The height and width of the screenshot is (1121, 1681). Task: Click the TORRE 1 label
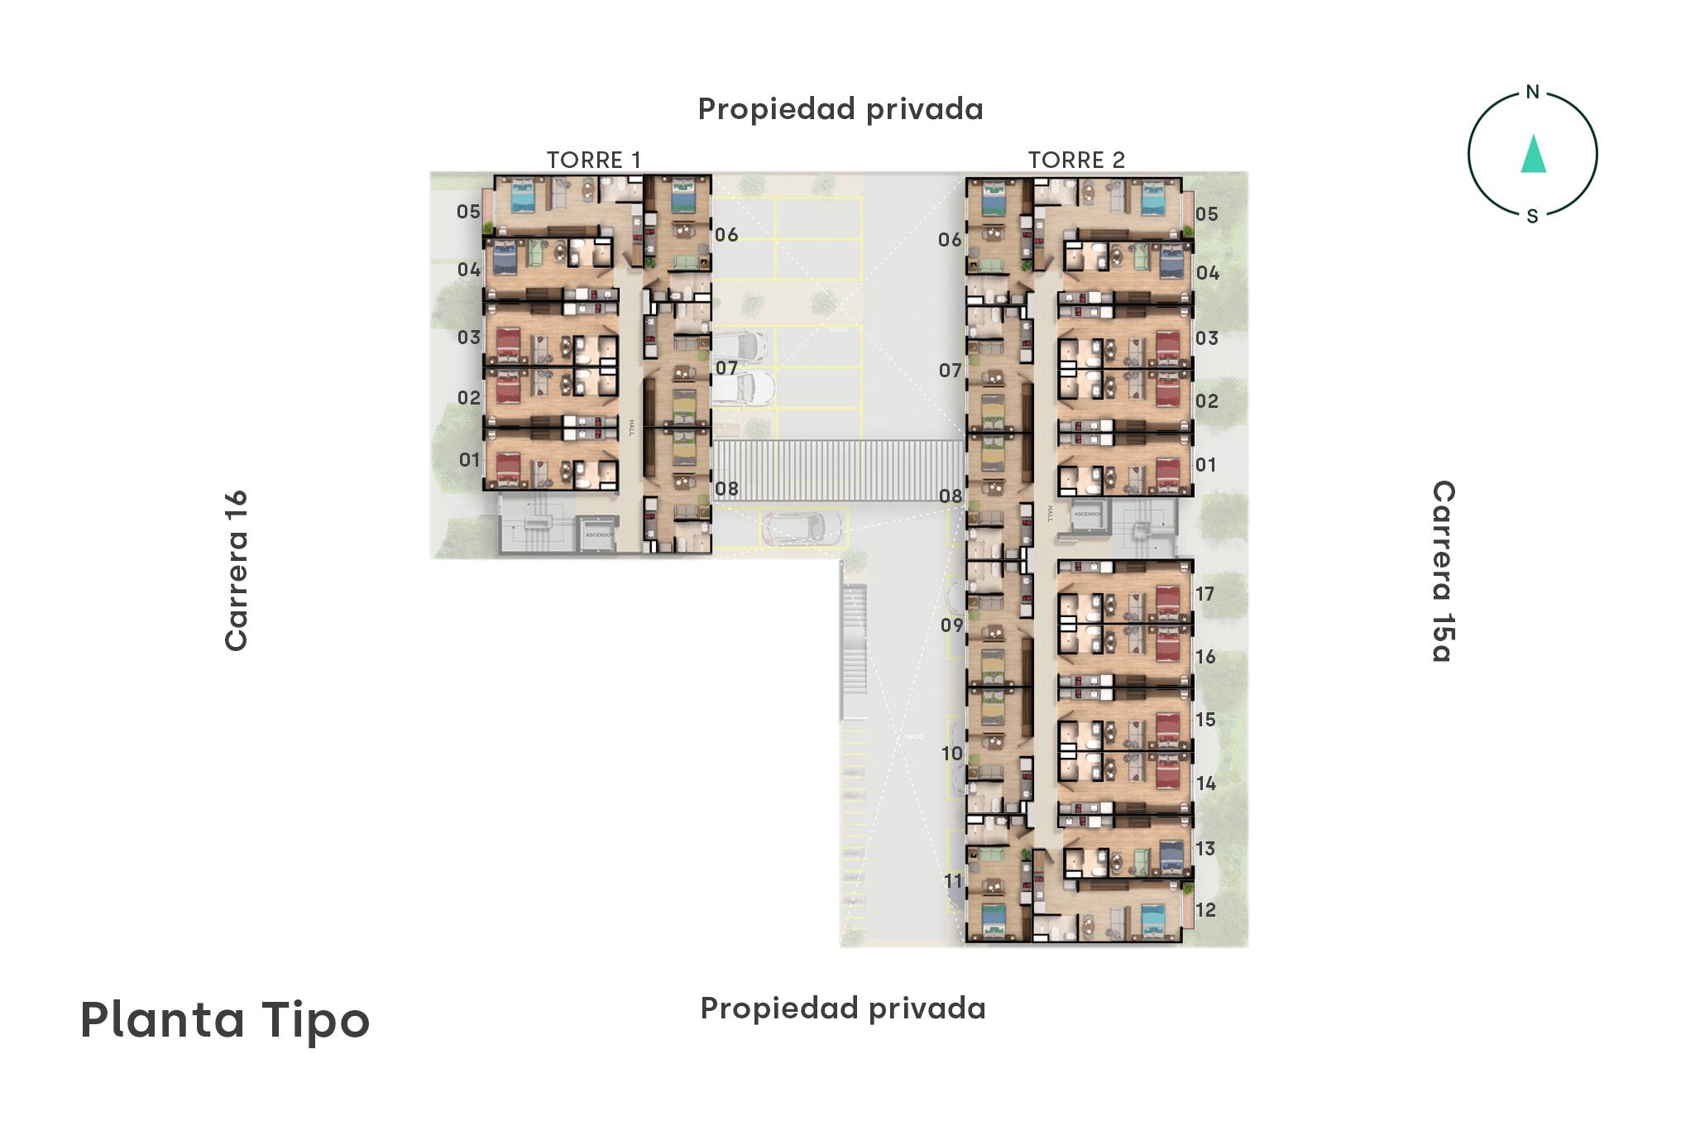click(x=593, y=160)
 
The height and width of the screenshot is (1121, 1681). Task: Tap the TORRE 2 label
click(x=1076, y=160)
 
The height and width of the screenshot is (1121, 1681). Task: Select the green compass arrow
click(x=1533, y=155)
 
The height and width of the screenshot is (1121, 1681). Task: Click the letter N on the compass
click(x=1532, y=93)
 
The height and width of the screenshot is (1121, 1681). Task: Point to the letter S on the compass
click(x=1532, y=217)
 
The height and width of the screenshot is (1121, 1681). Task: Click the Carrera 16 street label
click(x=237, y=571)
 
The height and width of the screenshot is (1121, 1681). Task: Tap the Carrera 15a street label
click(x=1443, y=571)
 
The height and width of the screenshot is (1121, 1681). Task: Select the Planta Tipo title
click(x=225, y=1020)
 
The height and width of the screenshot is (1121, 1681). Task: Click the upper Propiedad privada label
click(x=840, y=109)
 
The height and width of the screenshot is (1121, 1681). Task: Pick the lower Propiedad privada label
click(x=842, y=1008)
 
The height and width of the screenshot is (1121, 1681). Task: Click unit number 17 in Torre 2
click(x=1204, y=594)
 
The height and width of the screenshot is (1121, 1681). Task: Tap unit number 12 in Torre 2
click(x=1205, y=910)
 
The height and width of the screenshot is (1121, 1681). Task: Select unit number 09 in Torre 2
click(x=951, y=625)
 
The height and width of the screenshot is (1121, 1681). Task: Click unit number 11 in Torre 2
click(x=953, y=881)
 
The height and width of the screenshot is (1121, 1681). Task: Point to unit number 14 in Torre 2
click(x=1205, y=783)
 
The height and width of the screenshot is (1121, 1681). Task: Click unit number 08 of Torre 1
click(x=726, y=489)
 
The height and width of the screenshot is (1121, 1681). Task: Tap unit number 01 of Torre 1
click(x=469, y=460)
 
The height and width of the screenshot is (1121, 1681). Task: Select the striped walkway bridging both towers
click(x=837, y=470)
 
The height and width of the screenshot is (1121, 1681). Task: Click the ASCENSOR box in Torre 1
click(x=598, y=534)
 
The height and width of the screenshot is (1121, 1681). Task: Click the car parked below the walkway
click(x=802, y=527)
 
